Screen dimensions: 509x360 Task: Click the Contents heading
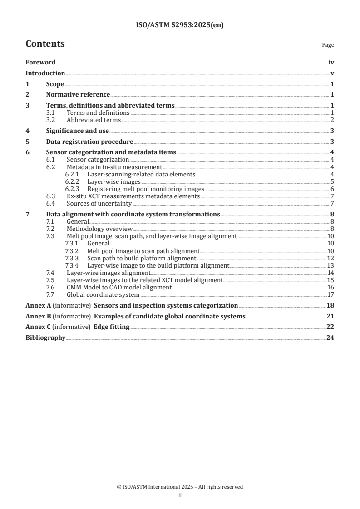click(45, 44)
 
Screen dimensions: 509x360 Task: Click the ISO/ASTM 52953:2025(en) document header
click(180, 25)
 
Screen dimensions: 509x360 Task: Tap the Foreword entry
click(40, 63)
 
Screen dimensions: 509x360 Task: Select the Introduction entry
click(45, 73)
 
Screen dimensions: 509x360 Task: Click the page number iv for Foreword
click(331, 63)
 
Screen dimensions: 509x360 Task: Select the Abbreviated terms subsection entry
click(94, 120)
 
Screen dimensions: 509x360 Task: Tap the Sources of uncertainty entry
click(99, 203)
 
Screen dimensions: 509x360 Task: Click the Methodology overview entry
click(99, 229)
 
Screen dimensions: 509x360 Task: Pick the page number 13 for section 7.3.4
click(330, 265)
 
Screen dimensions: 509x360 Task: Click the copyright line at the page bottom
click(180, 487)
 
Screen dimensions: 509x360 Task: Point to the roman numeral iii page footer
click(180, 495)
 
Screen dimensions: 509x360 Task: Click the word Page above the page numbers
click(328, 45)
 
